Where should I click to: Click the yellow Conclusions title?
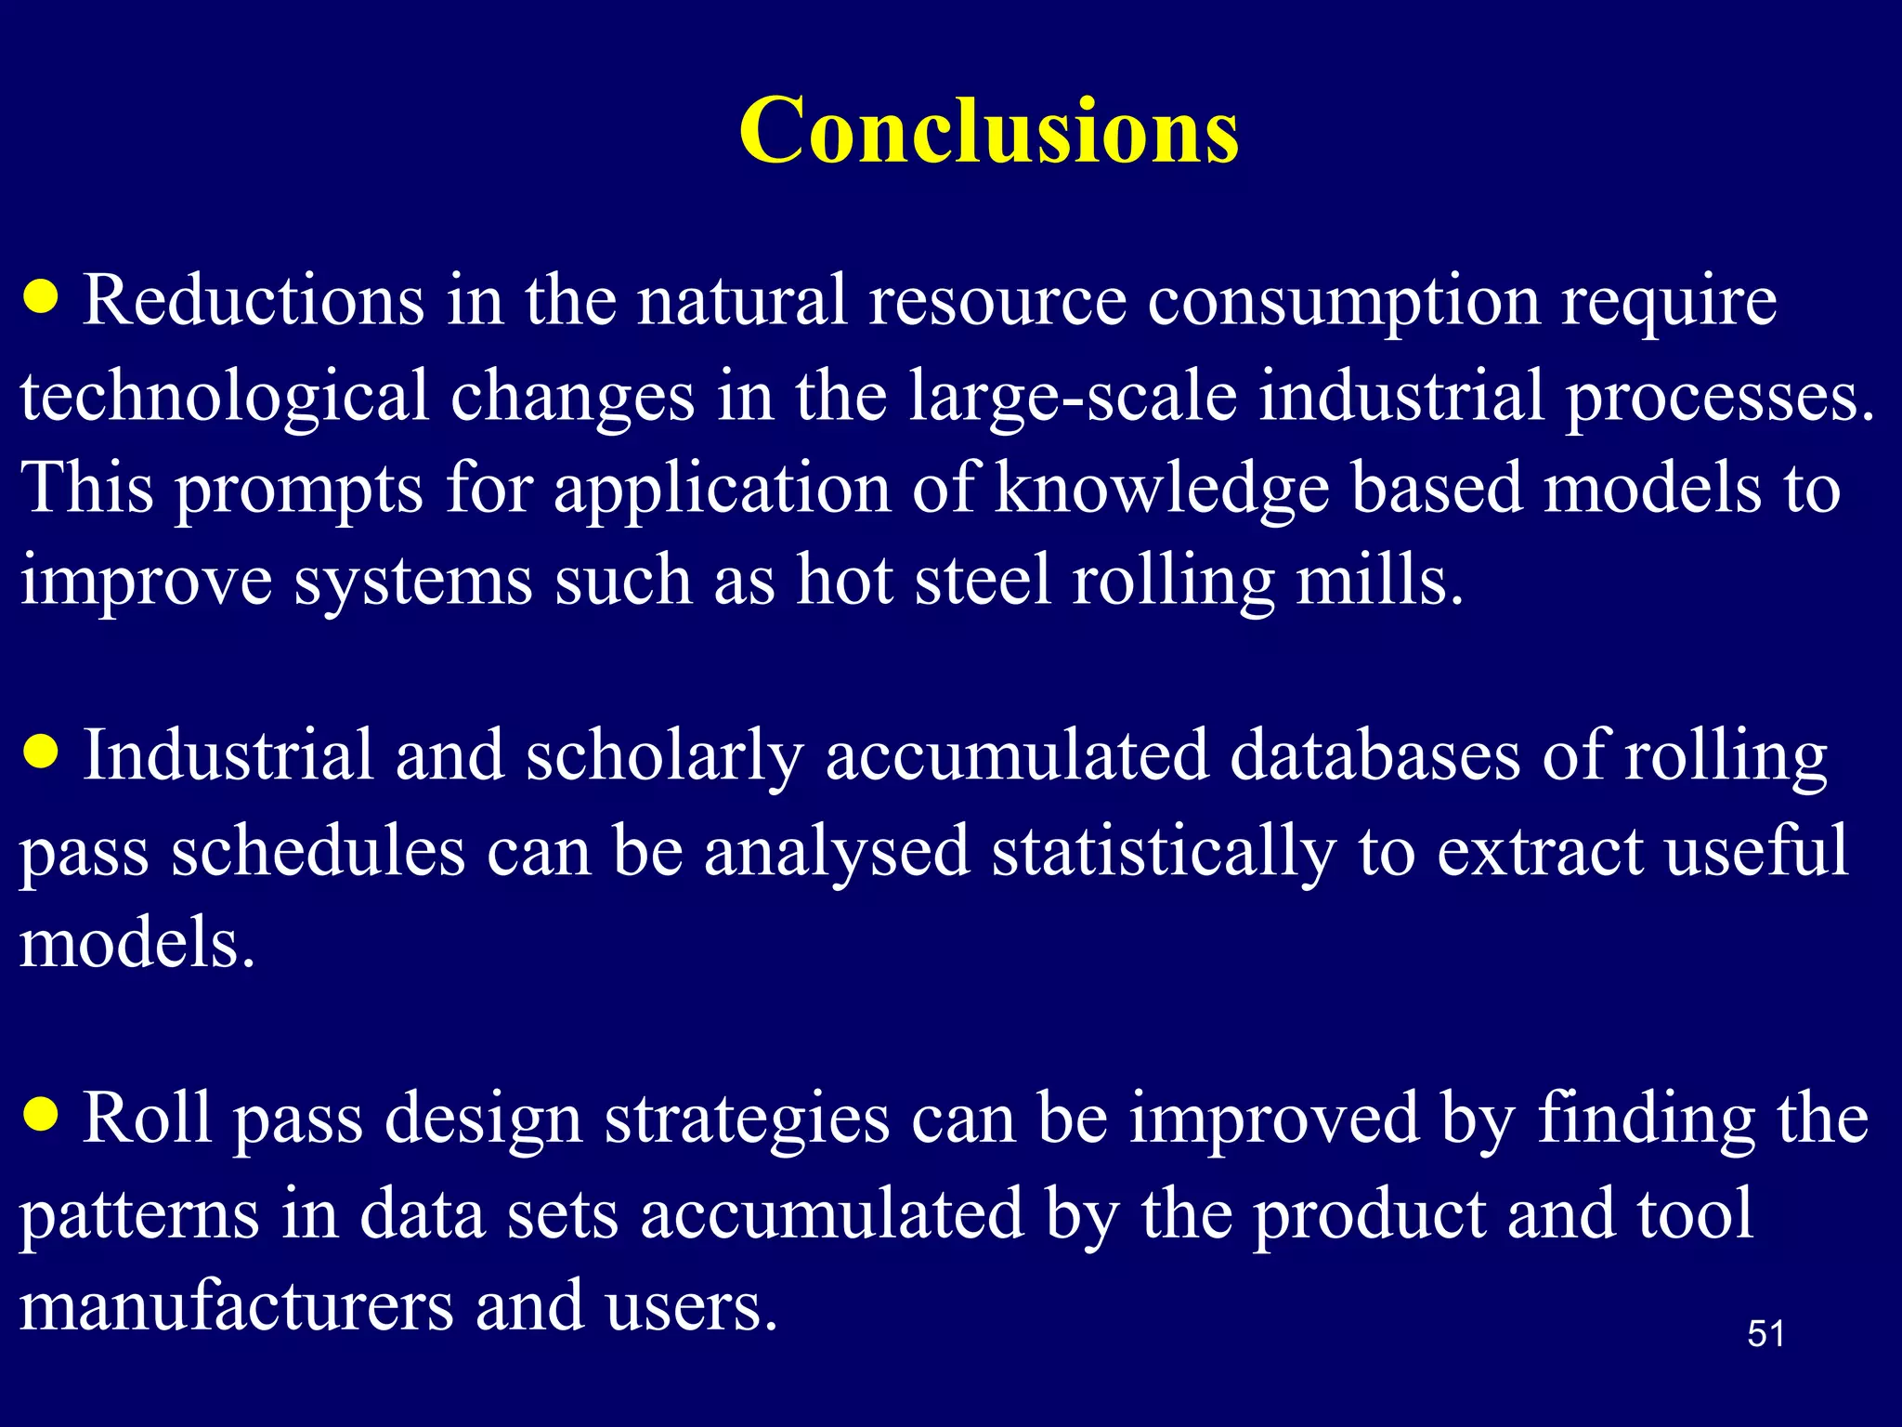[x=988, y=131]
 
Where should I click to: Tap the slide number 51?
[x=1765, y=1334]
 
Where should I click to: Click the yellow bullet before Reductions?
[x=42, y=298]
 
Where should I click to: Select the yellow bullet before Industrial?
[x=42, y=751]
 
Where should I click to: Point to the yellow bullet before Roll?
[x=42, y=1113]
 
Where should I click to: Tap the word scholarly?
[x=664, y=755]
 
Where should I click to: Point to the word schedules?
[x=318, y=851]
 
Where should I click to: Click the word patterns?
[x=139, y=1215]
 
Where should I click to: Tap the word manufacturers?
[x=236, y=1306]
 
